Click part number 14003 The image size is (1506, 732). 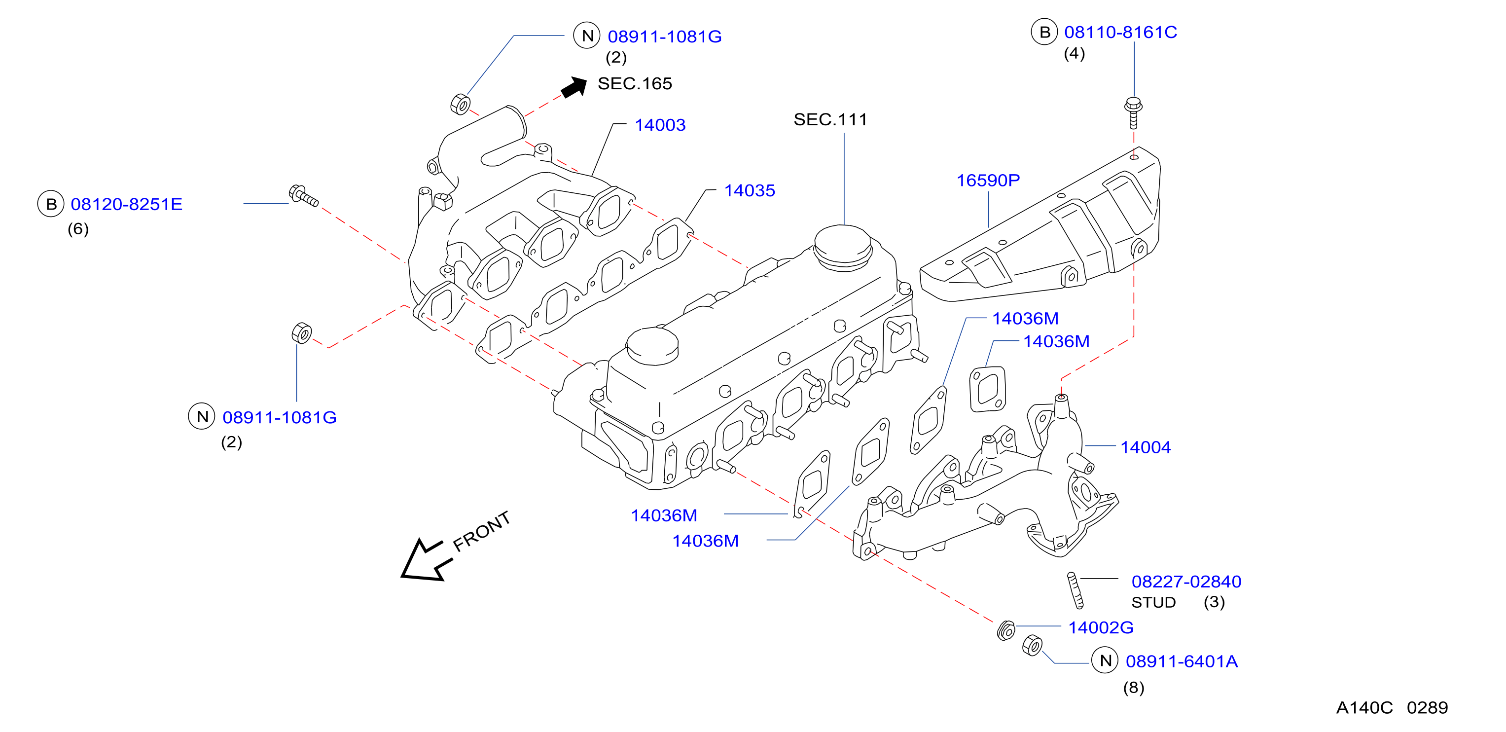660,125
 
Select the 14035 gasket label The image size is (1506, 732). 750,190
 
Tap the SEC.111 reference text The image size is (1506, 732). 830,120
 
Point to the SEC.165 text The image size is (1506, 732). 635,83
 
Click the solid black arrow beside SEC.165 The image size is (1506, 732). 574,88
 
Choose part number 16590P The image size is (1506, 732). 988,181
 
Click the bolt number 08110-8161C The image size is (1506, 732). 1120,32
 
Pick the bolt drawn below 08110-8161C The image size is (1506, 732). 1133,112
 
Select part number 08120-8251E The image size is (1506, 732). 126,204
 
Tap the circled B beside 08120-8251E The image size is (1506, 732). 51,204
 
